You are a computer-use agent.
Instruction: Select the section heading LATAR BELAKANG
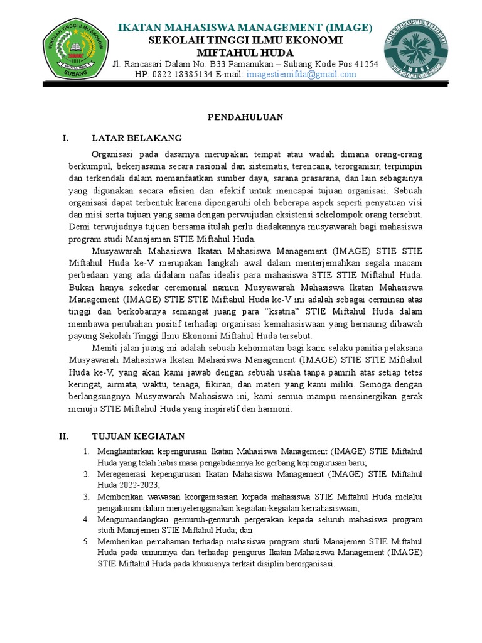pyautogui.click(x=137, y=138)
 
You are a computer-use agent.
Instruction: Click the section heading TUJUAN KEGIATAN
pyautogui.click(x=138, y=436)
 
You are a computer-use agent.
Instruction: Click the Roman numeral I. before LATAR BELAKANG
pyautogui.click(x=65, y=138)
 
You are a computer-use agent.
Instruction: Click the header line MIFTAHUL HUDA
pyautogui.click(x=245, y=52)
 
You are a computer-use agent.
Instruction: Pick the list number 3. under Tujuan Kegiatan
pyautogui.click(x=86, y=497)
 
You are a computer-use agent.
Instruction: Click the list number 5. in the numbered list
pyautogui.click(x=86, y=542)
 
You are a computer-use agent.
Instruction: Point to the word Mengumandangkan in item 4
pyautogui.click(x=132, y=519)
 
